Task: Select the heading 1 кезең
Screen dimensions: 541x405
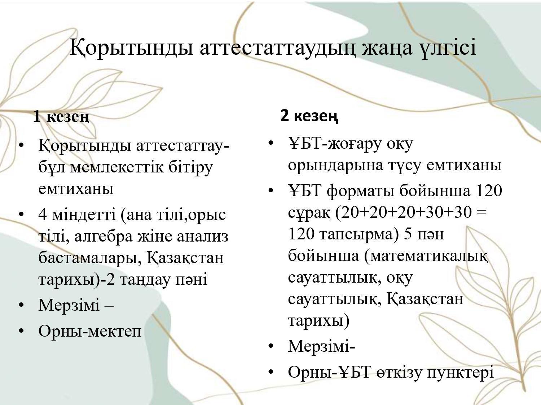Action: [x=61, y=116]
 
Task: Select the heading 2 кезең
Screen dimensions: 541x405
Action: [x=309, y=116]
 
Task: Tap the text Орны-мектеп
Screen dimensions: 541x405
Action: [x=90, y=331]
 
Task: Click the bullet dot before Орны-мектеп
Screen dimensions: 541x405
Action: [x=21, y=331]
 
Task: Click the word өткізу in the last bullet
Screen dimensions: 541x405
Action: [x=399, y=372]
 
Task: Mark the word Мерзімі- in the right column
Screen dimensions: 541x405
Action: [x=321, y=346]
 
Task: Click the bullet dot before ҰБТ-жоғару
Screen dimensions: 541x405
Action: [x=271, y=143]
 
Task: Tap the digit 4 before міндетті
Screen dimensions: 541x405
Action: [x=43, y=215]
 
